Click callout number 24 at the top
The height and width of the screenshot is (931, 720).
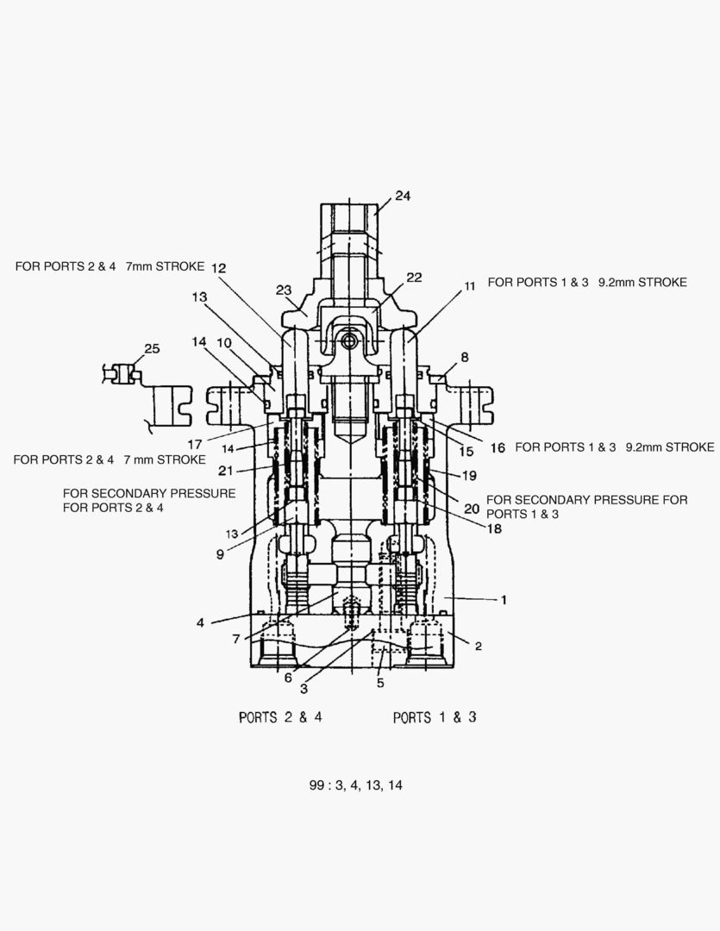pos(403,197)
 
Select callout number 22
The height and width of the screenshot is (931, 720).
pos(414,278)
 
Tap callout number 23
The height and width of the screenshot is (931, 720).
pos(284,290)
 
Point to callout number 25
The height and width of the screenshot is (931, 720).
pos(152,349)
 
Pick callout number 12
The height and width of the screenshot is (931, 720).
pos(218,268)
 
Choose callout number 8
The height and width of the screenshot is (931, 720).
pos(465,356)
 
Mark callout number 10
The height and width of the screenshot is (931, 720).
pos(223,342)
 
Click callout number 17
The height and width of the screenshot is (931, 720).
pos(196,445)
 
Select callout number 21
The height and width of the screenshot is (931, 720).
pos(225,470)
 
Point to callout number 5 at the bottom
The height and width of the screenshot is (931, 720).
pos(380,684)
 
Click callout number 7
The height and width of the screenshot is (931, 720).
pos(235,639)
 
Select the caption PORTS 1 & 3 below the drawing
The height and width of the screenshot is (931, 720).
pos(435,717)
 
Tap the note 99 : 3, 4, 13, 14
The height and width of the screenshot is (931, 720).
pos(356,785)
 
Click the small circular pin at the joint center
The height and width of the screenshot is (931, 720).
pos(349,341)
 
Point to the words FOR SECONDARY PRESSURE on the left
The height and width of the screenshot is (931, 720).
pos(149,493)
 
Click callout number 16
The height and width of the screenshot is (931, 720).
pos(498,447)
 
